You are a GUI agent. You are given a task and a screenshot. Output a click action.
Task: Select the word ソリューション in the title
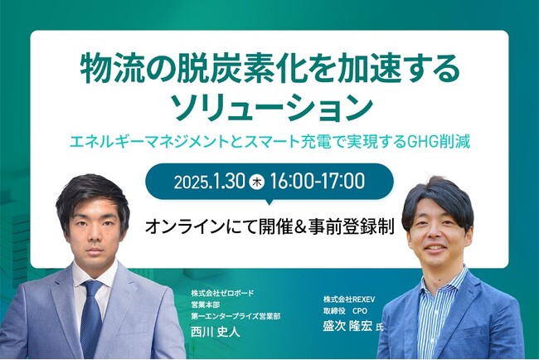[x=269, y=107]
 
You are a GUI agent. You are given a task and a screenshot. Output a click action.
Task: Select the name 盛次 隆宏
[x=343, y=327]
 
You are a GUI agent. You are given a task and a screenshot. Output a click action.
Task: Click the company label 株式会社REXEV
[x=351, y=296]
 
